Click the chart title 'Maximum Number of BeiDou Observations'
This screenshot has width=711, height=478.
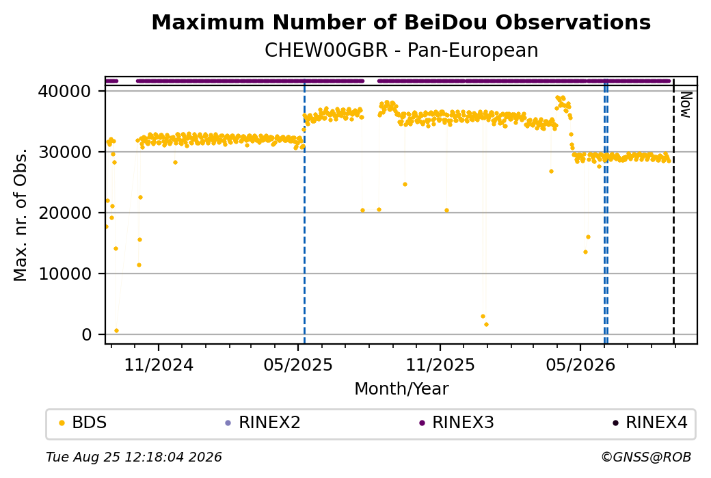[x=401, y=22]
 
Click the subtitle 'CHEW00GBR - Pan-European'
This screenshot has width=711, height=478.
[x=401, y=50]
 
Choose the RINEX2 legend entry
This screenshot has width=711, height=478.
[x=263, y=422]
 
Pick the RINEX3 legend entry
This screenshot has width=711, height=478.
[x=457, y=422]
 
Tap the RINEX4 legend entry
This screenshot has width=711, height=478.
[x=649, y=422]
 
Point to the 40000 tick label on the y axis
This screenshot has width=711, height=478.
[x=65, y=92]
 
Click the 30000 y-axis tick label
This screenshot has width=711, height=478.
[x=65, y=152]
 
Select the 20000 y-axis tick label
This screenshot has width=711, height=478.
[x=65, y=213]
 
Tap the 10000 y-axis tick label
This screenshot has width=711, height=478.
[x=65, y=274]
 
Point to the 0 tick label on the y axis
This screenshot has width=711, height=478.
[x=87, y=334]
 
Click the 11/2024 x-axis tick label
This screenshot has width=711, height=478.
[x=159, y=364]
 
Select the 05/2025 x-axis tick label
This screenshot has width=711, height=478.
[x=298, y=364]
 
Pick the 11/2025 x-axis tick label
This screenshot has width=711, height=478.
[x=440, y=364]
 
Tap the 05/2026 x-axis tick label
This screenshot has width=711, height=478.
[x=580, y=364]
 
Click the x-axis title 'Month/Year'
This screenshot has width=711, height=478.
[x=401, y=388]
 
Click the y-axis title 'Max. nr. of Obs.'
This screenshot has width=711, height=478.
[x=21, y=215]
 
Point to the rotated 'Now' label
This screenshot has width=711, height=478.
[x=686, y=105]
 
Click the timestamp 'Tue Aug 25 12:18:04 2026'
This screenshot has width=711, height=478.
[x=134, y=457]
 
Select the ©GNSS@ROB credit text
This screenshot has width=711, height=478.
[x=646, y=457]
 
